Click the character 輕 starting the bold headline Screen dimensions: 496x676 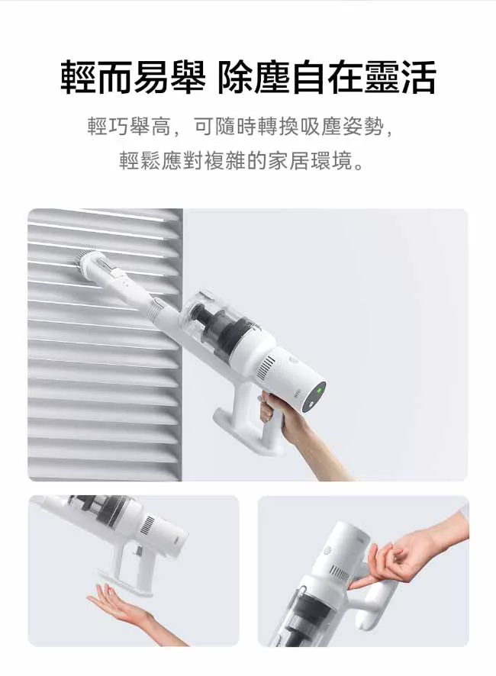pyautogui.click(x=78, y=77)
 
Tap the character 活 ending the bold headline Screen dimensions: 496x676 pyautogui.click(x=417, y=77)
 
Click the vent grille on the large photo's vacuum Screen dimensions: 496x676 pyautogui.click(x=266, y=368)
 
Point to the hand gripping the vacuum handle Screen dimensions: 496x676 pyautogui.click(x=298, y=436)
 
